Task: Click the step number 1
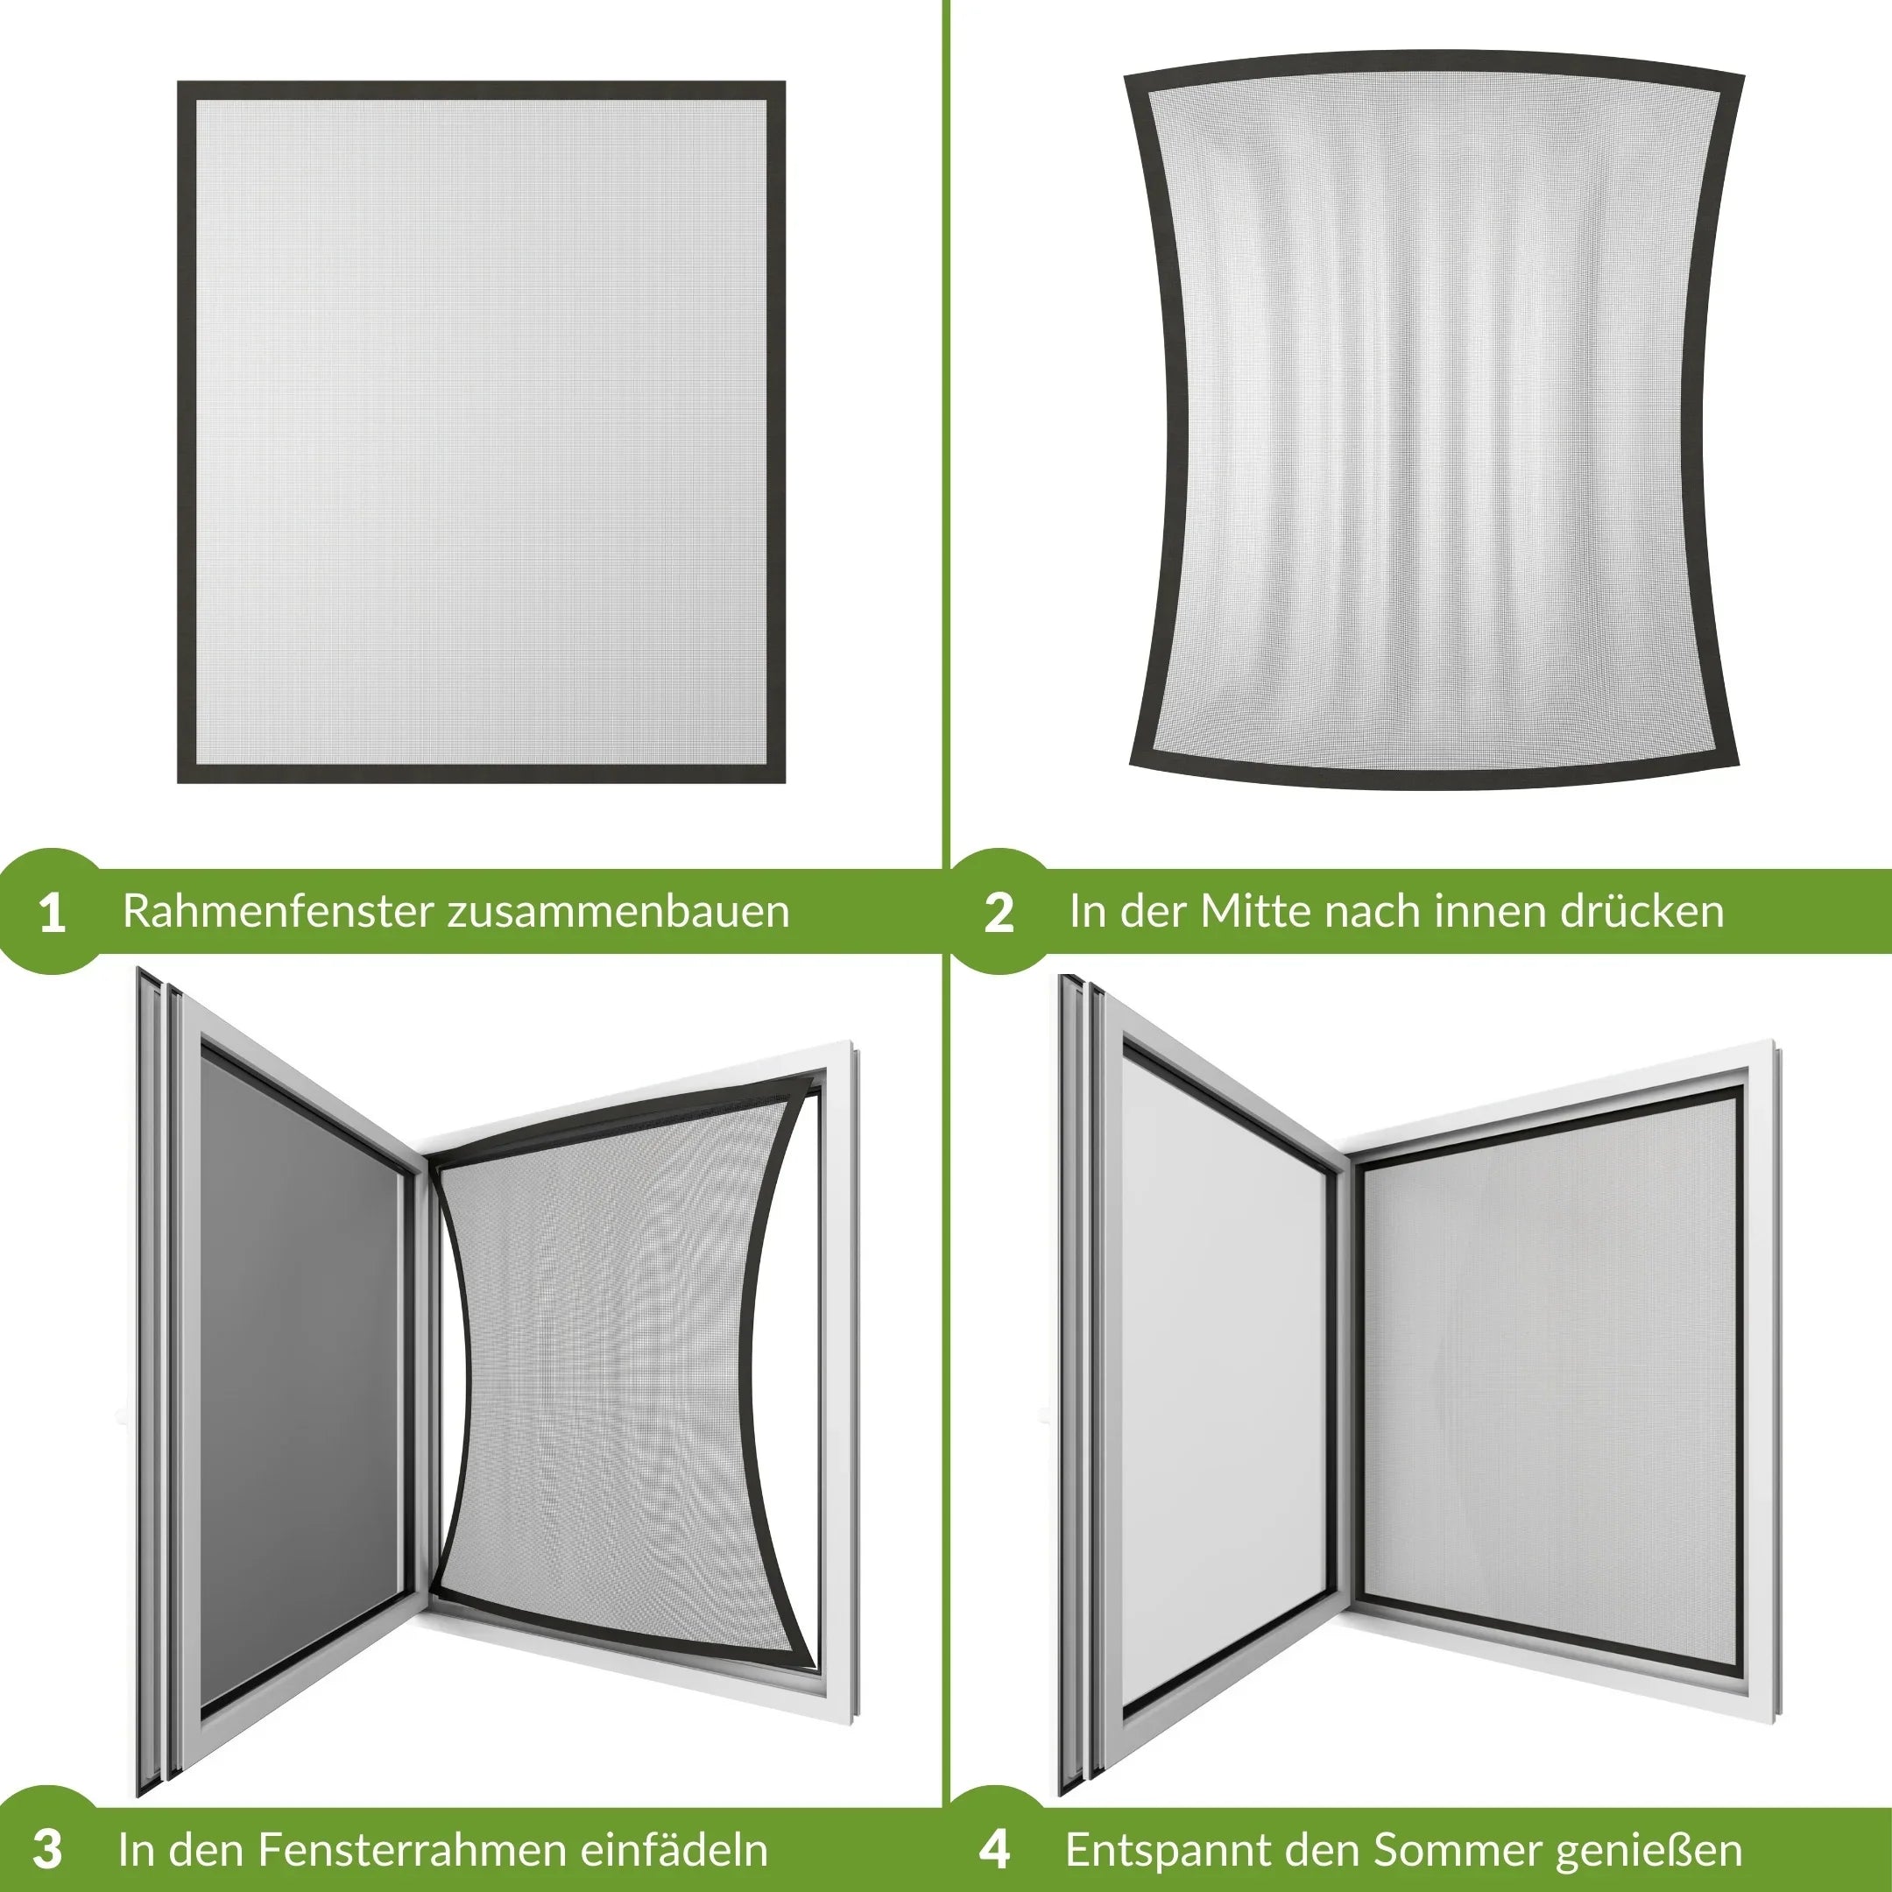[53, 913]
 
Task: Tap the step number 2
[998, 913]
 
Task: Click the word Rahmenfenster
[279, 911]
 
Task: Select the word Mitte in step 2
[1255, 911]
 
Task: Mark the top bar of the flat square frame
[481, 91]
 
